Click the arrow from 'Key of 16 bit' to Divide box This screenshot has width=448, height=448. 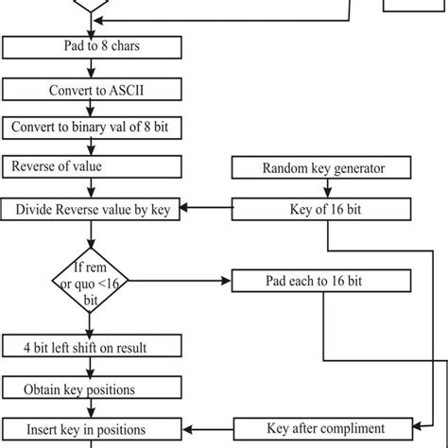tap(205, 210)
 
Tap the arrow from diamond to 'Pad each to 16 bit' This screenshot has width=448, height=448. tap(180, 282)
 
